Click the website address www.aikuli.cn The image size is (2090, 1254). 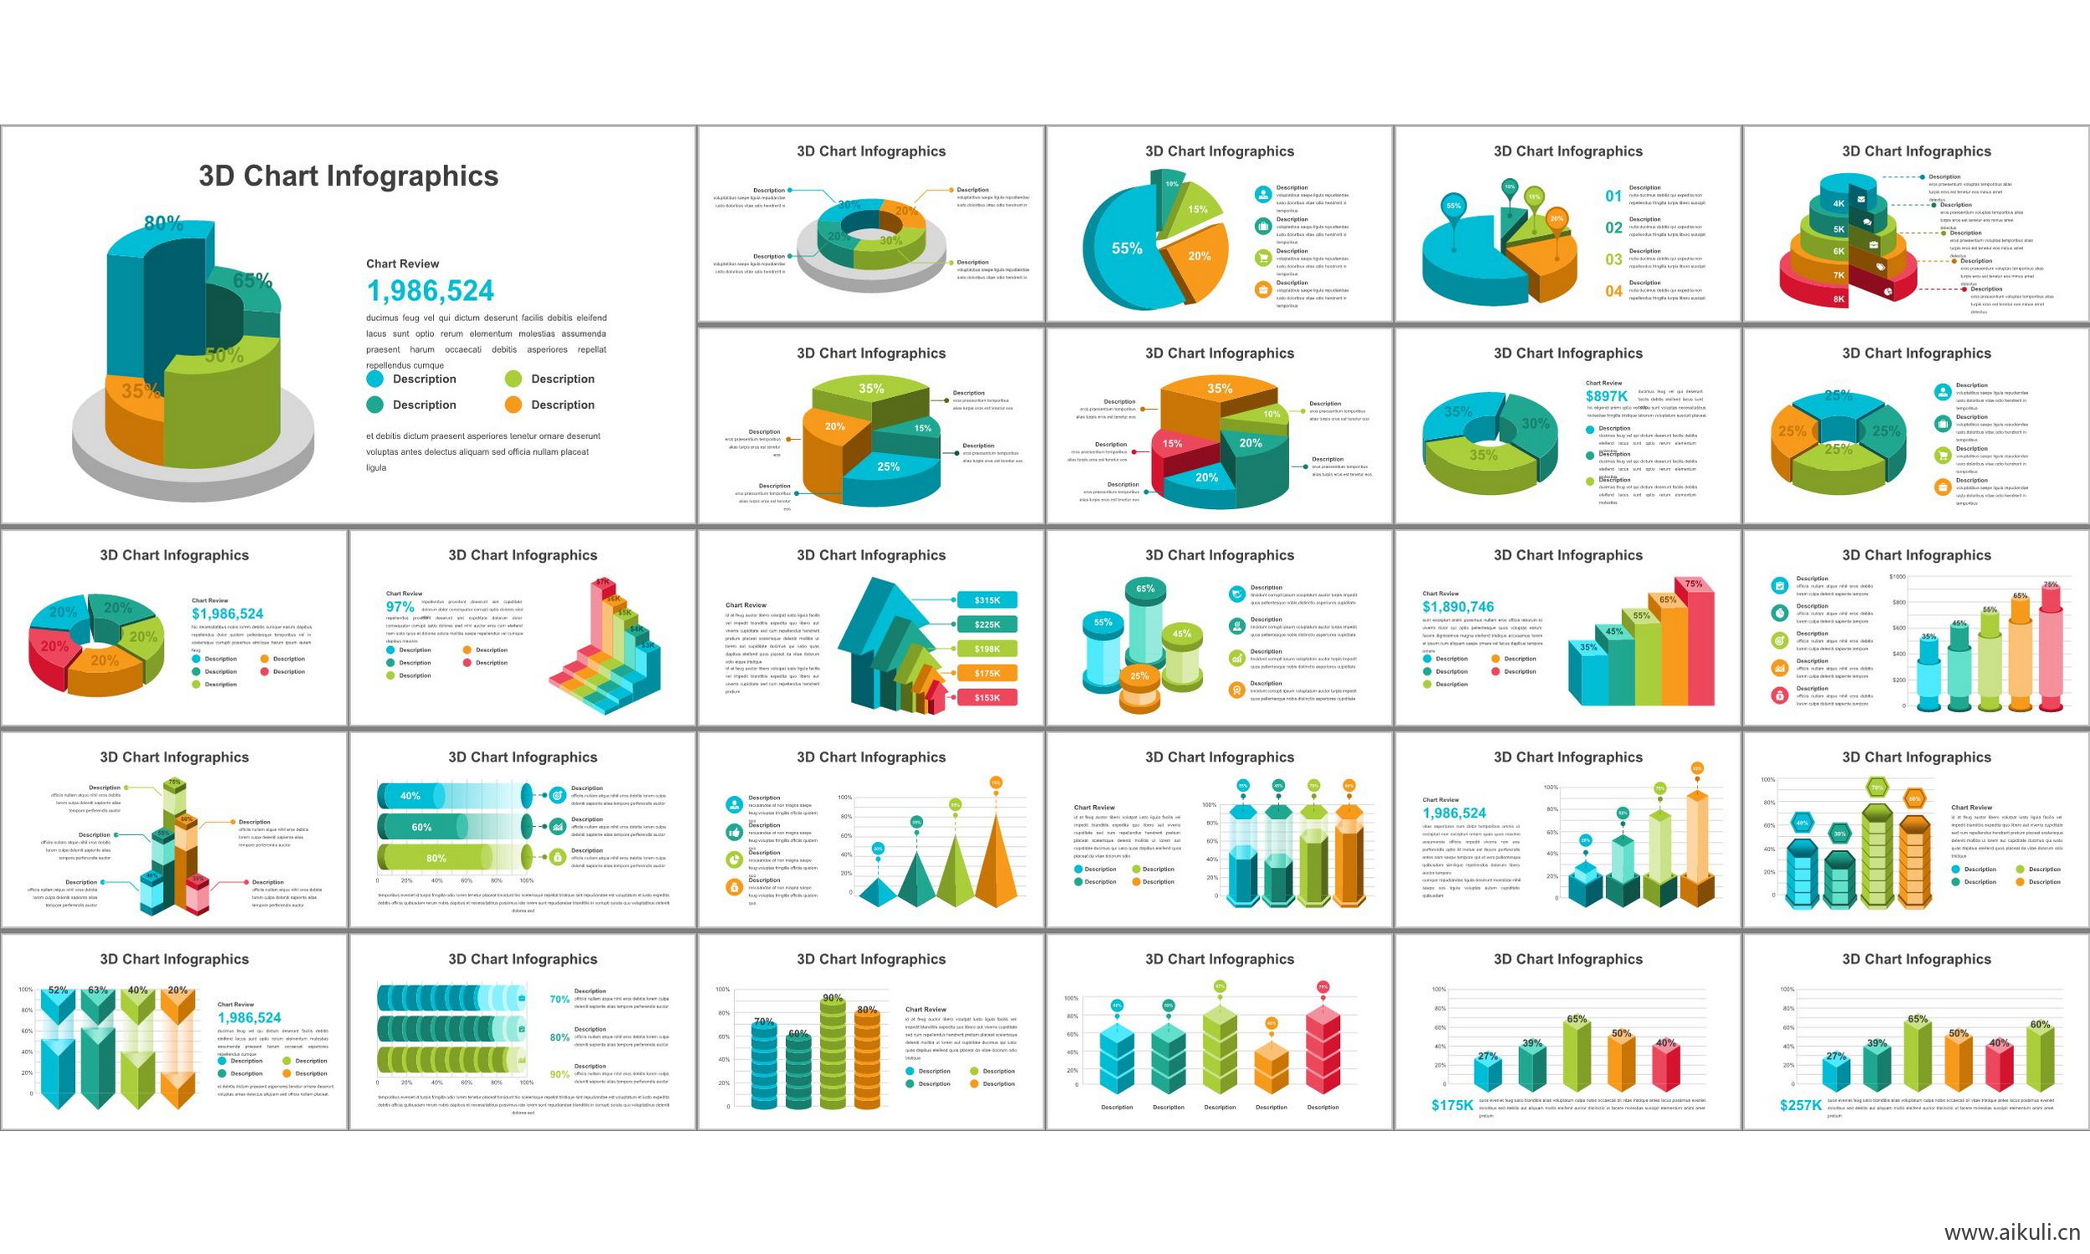(x=2011, y=1233)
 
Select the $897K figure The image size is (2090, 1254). (x=1606, y=396)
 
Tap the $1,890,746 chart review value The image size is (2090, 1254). (x=1457, y=607)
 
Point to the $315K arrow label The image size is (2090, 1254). (x=986, y=600)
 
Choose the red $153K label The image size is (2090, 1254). (x=986, y=698)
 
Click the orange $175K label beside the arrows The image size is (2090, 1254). (x=986, y=674)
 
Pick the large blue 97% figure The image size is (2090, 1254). (x=400, y=607)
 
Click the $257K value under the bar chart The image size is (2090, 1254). (x=1800, y=1105)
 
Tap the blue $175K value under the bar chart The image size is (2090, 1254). (x=1451, y=1105)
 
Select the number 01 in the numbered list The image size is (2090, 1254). (x=1613, y=196)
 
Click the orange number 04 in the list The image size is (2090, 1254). (x=1613, y=292)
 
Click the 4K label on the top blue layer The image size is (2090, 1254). (x=1838, y=204)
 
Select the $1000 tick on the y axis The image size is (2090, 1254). (x=1897, y=577)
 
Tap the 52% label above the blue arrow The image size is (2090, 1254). (x=58, y=990)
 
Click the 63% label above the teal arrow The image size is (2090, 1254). (x=97, y=990)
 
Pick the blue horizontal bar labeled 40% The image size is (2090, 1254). (x=411, y=796)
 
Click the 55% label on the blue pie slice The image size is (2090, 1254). (x=1126, y=248)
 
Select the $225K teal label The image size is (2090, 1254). (x=986, y=624)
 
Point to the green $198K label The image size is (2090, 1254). (x=986, y=649)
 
